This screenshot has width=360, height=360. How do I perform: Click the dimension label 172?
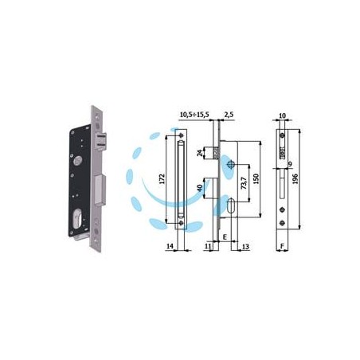[x=162, y=178]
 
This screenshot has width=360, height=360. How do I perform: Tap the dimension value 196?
[x=295, y=178]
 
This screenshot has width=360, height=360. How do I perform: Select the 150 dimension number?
[x=256, y=179]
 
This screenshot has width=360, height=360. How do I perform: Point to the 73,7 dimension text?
[x=244, y=183]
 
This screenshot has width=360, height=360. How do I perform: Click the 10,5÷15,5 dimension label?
[x=194, y=115]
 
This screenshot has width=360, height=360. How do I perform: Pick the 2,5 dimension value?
[x=229, y=115]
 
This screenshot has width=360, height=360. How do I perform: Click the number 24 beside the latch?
[x=200, y=153]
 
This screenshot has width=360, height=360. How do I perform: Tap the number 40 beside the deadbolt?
[x=200, y=188]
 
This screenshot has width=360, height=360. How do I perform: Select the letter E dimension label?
[x=225, y=237]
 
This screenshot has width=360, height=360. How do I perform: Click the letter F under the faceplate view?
[x=282, y=246]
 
